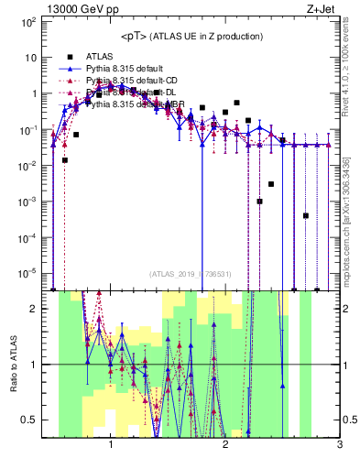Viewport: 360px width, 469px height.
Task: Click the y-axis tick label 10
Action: (x=34, y=57)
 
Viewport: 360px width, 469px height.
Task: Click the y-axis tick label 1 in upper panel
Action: (x=38, y=93)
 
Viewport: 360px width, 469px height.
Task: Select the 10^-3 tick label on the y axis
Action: (x=32, y=201)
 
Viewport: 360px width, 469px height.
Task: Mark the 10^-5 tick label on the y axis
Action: (x=32, y=272)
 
